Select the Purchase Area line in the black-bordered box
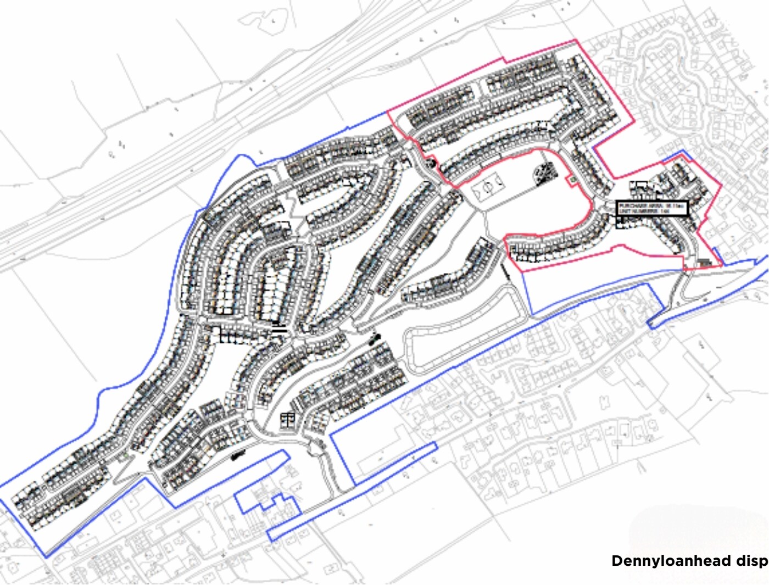(x=651, y=205)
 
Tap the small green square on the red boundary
(x=572, y=179)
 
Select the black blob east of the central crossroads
(x=375, y=338)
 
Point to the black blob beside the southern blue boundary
(x=238, y=455)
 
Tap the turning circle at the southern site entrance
(x=316, y=448)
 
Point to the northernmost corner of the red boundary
(x=575, y=40)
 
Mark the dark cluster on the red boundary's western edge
(x=431, y=163)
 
